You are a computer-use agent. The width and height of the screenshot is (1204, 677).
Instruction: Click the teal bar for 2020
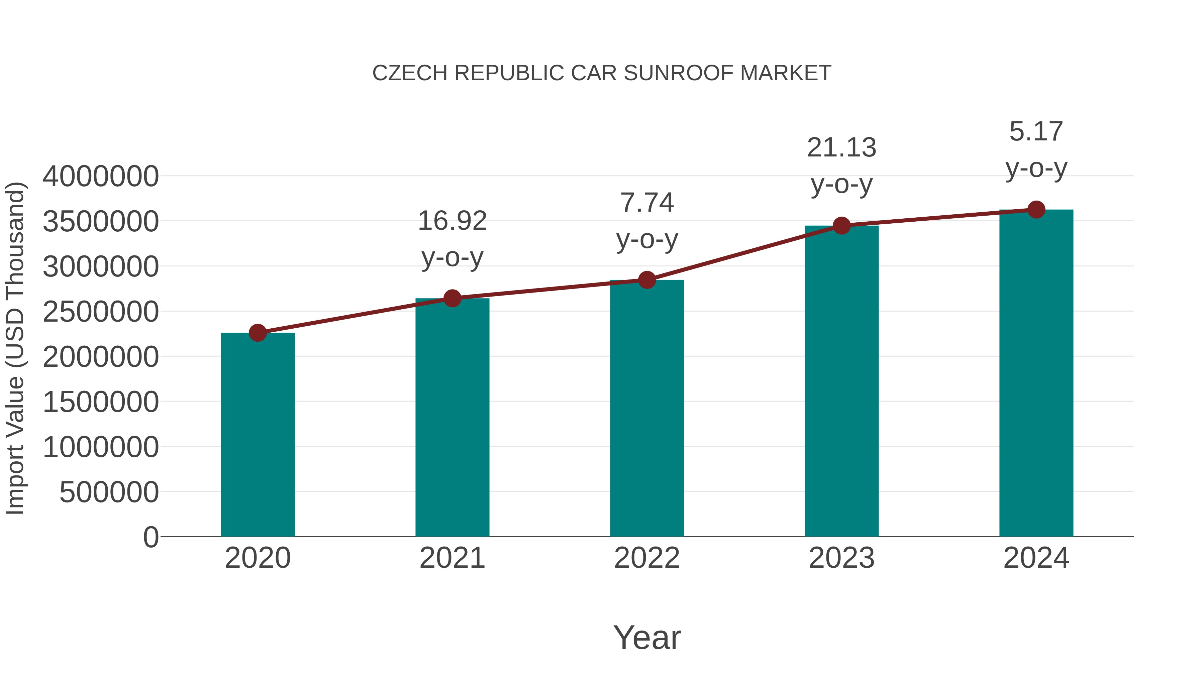click(x=258, y=435)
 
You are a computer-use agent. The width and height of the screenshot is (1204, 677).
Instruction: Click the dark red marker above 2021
click(x=452, y=298)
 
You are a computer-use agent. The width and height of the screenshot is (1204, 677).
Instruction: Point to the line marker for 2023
click(x=841, y=226)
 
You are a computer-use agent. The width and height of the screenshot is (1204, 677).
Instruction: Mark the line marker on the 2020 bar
click(x=258, y=333)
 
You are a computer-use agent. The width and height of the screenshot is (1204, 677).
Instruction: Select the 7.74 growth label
click(x=647, y=221)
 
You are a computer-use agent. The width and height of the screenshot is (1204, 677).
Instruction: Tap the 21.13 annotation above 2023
click(x=841, y=165)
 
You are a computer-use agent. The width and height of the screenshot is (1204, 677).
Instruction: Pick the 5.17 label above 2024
click(x=1036, y=149)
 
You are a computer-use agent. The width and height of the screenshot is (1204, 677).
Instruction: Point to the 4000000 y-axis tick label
click(x=100, y=177)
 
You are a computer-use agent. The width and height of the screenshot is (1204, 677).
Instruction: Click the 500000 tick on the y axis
click(x=109, y=492)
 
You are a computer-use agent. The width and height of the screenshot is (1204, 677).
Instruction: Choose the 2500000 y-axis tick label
click(x=100, y=312)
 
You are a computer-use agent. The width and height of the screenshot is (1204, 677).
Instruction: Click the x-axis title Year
click(x=647, y=637)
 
